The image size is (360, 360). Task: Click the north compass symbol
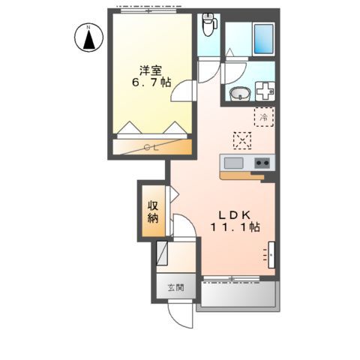click(x=88, y=37)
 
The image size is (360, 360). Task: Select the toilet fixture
click(x=209, y=27)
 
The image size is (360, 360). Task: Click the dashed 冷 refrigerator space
click(x=264, y=116)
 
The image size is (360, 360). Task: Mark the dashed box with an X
click(x=242, y=139)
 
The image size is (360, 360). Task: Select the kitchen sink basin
click(x=232, y=163)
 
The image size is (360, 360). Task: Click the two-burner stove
click(x=262, y=163)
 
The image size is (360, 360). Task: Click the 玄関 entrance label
click(x=174, y=287)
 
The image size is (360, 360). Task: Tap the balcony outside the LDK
click(x=236, y=297)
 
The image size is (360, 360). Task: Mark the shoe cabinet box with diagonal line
click(x=162, y=256)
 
